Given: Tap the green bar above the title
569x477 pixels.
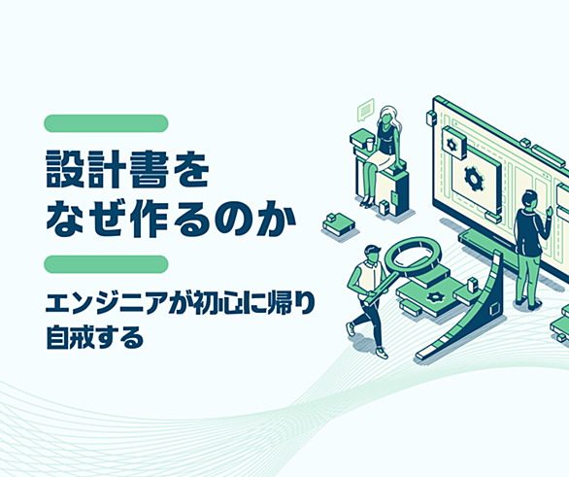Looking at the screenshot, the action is (x=106, y=123).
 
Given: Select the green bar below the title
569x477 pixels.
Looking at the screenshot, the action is (x=106, y=264).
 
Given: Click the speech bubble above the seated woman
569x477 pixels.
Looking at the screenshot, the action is (x=365, y=109).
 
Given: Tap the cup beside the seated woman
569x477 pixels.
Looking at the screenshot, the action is (x=369, y=145).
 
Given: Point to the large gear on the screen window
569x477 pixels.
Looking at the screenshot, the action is (x=474, y=178).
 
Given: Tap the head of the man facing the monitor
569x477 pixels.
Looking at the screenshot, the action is (x=528, y=200).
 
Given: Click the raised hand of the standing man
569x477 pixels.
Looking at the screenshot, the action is (x=551, y=211).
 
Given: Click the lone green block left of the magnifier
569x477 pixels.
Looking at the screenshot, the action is (x=338, y=223).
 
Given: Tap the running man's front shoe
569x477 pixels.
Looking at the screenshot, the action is (x=382, y=352).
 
